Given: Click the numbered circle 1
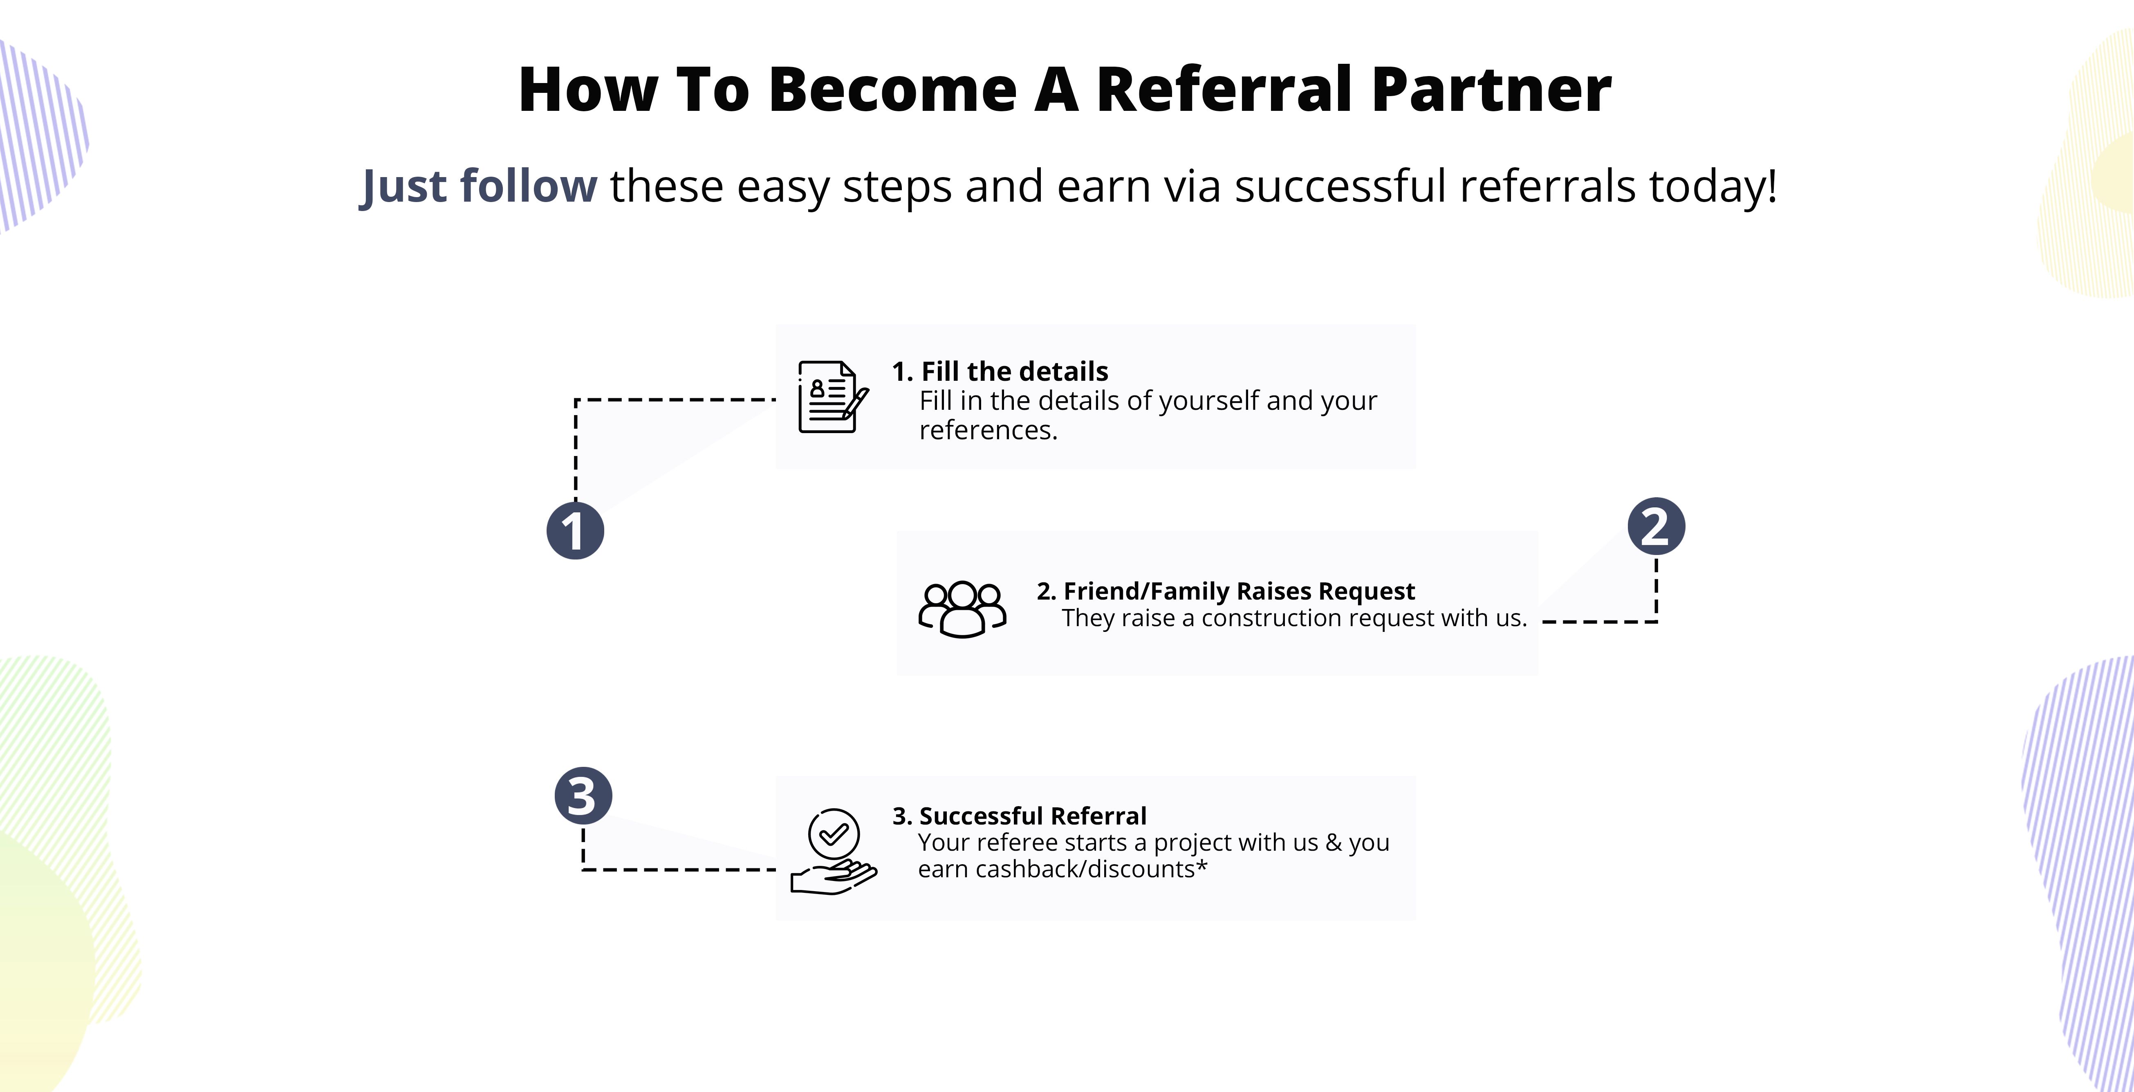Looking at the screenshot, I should point(575,530).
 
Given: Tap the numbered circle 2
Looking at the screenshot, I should point(1656,526).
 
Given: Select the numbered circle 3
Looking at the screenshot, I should point(583,795).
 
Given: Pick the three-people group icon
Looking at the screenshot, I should point(962,609).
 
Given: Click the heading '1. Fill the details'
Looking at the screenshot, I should point(1000,371).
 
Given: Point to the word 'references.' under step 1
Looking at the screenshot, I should point(988,430).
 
